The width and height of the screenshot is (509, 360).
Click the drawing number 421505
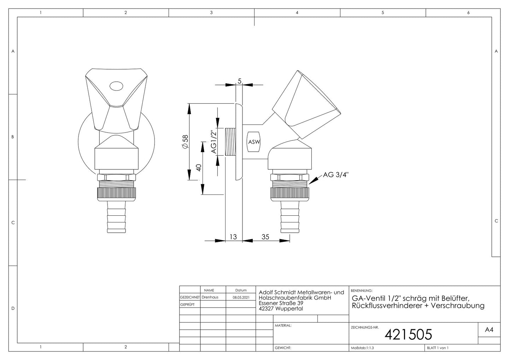pyautogui.click(x=408, y=334)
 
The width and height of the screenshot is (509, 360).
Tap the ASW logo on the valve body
pyautogui.click(x=254, y=142)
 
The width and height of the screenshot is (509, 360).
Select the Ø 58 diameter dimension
pyautogui.click(x=185, y=142)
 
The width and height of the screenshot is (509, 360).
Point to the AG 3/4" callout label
pyautogui.click(x=336, y=175)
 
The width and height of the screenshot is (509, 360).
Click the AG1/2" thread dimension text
pyautogui.click(x=214, y=142)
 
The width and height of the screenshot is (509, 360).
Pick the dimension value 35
pyautogui.click(x=265, y=237)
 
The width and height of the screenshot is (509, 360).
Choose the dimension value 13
pyautogui.click(x=233, y=237)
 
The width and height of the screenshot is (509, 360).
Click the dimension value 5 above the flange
pyautogui.click(x=240, y=81)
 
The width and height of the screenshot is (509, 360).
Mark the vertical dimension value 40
pyautogui.click(x=199, y=168)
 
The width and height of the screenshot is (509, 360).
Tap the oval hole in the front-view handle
pyautogui.click(x=116, y=86)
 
